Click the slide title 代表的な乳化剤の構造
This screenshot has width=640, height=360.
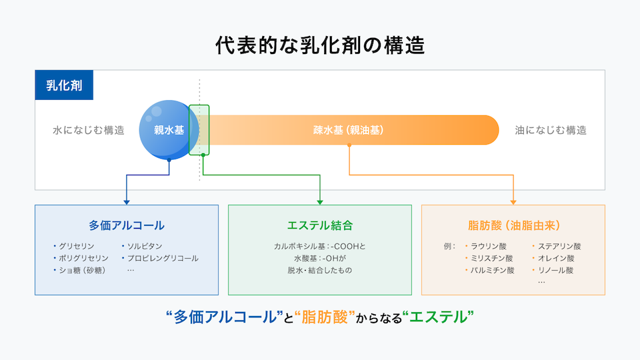tap(320, 45)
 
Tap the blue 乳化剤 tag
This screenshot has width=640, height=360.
tap(64, 85)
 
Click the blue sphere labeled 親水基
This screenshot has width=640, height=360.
tap(169, 130)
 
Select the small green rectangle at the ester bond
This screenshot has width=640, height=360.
tap(199, 129)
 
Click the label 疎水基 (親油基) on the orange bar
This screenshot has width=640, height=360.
tap(349, 130)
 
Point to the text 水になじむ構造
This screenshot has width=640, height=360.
tap(89, 131)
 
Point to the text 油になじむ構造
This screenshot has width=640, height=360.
tap(551, 131)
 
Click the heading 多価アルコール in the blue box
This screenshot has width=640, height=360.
tap(127, 225)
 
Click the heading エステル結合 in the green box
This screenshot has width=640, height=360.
tap(320, 225)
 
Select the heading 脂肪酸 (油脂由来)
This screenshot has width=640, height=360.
tap(513, 225)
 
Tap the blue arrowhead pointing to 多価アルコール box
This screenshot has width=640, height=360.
tap(127, 201)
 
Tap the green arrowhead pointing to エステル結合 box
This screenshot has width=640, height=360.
tap(320, 201)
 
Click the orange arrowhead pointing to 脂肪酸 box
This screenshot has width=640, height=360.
tap(513, 201)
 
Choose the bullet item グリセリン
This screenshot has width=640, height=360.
tap(76, 246)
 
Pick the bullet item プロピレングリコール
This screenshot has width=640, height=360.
tap(163, 258)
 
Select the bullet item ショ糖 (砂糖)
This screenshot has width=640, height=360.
tap(83, 270)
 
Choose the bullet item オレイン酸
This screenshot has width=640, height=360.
tap(555, 258)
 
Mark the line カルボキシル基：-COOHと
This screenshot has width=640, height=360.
tap(320, 246)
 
